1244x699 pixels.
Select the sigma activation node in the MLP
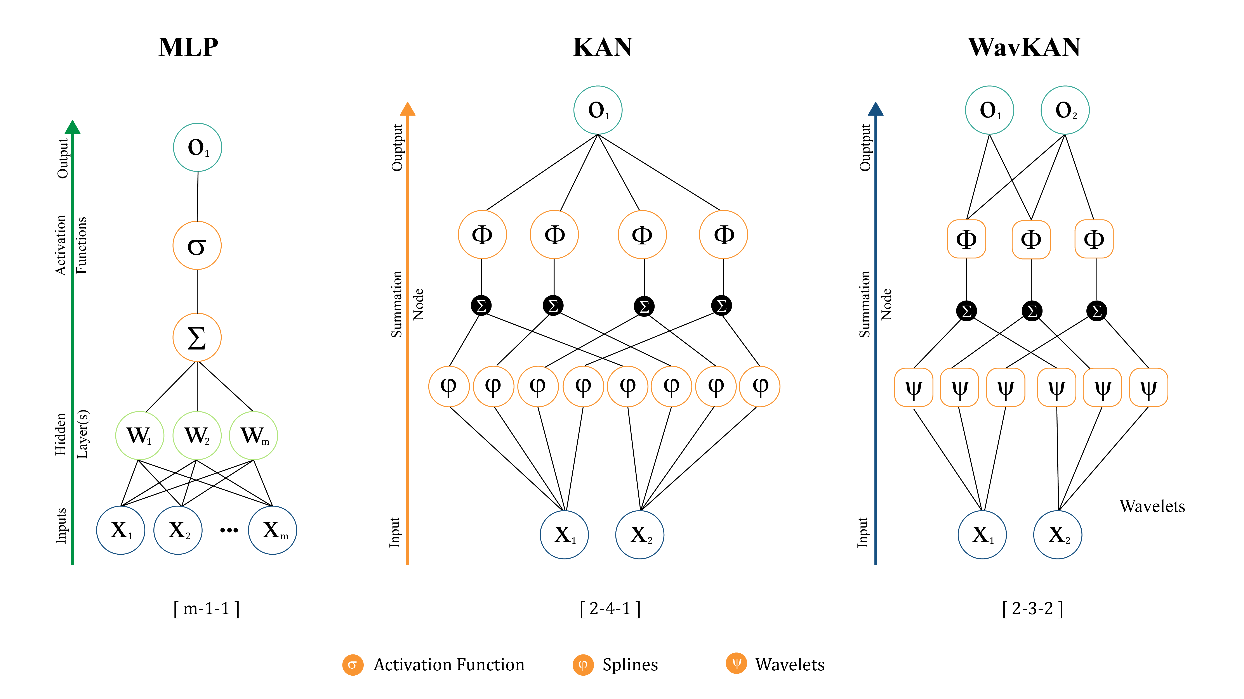coord(197,245)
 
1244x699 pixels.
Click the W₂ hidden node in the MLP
coord(197,435)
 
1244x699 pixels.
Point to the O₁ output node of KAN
coord(598,110)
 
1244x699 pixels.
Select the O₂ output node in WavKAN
coord(1065,110)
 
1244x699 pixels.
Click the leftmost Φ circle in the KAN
coord(482,235)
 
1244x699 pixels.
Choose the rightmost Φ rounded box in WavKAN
coord(1094,239)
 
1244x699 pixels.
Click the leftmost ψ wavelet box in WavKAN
coord(913,387)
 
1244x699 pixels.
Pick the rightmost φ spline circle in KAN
coord(760,386)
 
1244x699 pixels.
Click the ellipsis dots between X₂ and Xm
coord(229,530)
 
